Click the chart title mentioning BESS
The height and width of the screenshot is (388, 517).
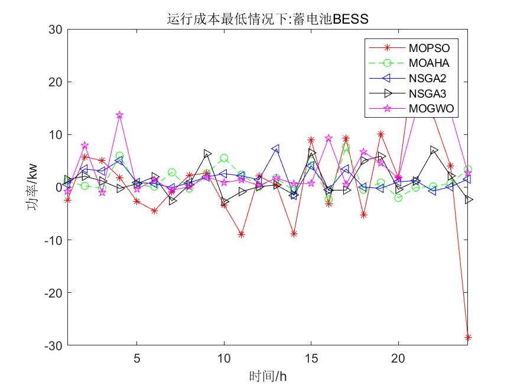tap(267, 19)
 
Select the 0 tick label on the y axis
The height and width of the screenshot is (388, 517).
tap(58, 187)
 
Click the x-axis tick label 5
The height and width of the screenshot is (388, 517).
tap(137, 358)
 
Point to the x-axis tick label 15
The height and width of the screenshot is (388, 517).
tap(311, 358)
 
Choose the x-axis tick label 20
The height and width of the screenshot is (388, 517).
tap(399, 358)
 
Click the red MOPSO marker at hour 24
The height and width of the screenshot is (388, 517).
tap(469, 337)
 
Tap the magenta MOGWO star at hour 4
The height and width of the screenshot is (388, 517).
tap(119, 115)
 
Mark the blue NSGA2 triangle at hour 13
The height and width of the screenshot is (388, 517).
tap(277, 149)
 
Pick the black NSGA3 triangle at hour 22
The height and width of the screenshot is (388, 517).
tap(434, 150)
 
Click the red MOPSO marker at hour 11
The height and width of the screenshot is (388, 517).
tap(242, 234)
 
